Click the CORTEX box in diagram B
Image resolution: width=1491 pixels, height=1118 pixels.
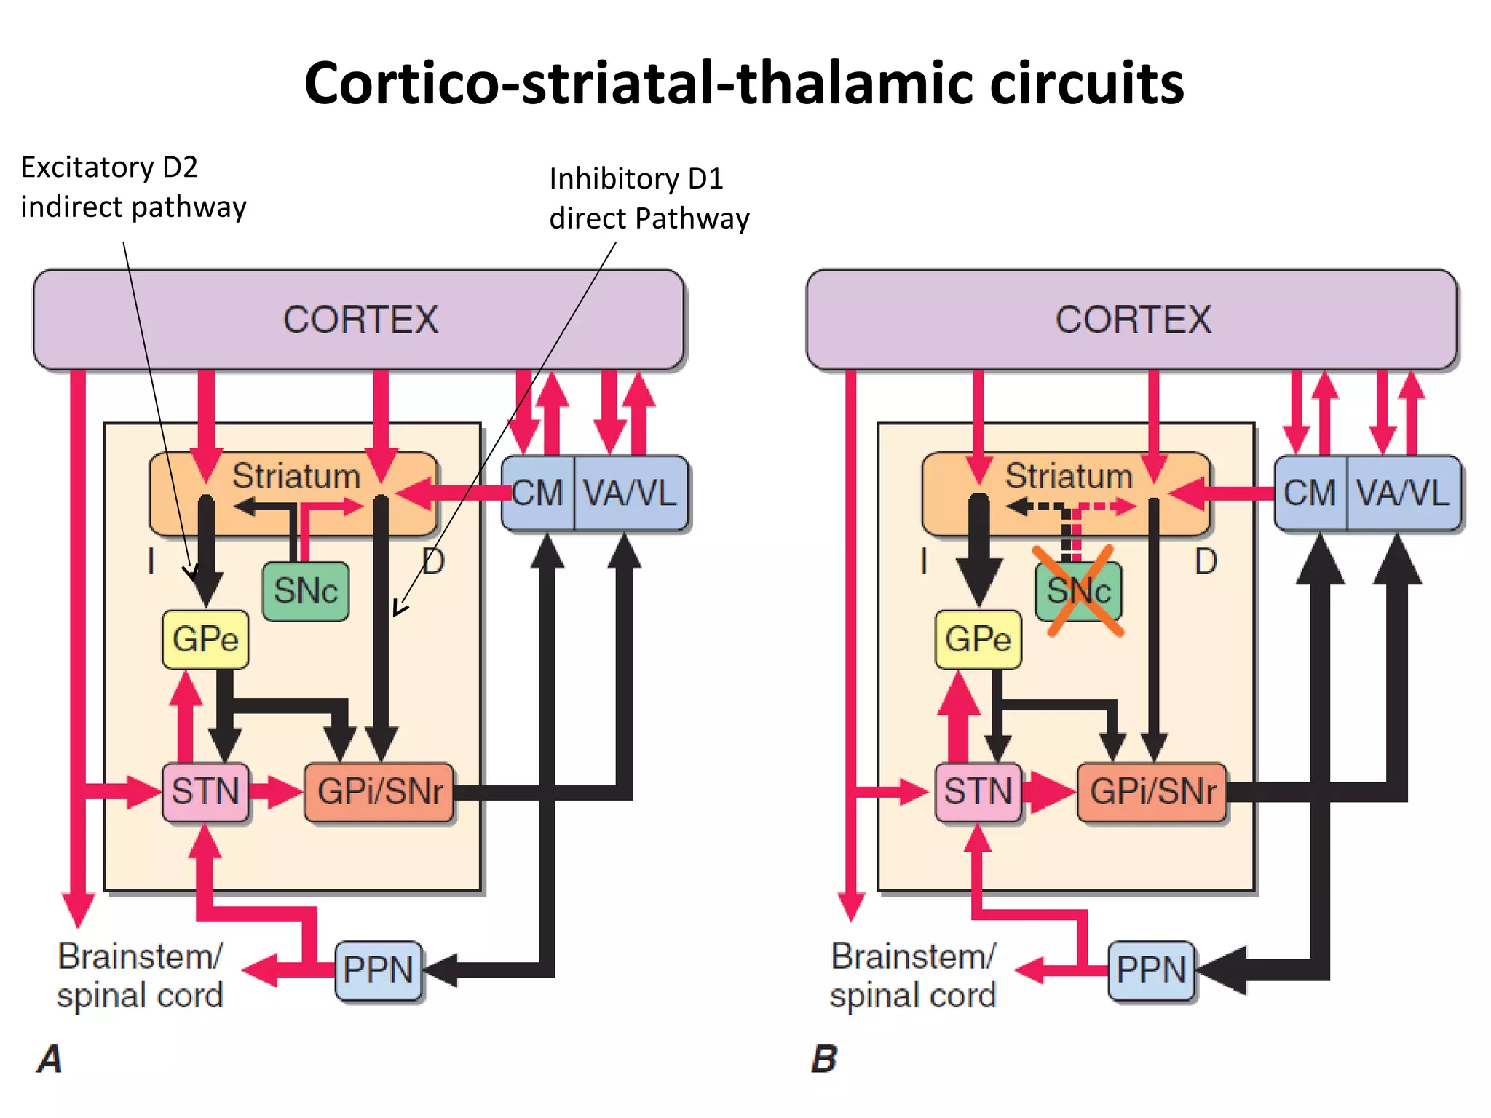1132,320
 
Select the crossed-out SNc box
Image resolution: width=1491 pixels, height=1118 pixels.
1078,591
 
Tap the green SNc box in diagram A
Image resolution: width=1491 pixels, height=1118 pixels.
306,591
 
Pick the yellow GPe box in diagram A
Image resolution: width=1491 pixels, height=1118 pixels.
205,639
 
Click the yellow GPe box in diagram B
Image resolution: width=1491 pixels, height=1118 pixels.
978,639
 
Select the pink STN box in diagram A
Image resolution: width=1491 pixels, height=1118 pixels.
205,792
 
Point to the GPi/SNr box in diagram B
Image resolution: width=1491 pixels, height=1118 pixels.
1152,792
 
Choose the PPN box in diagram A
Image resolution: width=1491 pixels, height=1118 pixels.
379,970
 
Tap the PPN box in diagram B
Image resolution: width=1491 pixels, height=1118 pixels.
1151,970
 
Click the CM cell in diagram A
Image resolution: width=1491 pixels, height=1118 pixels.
538,493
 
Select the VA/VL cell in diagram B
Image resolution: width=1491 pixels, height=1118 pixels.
1403,493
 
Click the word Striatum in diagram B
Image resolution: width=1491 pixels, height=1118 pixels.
1069,477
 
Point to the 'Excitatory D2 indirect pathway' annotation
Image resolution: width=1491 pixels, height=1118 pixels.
133,187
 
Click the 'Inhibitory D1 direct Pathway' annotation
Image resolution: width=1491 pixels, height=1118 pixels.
649,199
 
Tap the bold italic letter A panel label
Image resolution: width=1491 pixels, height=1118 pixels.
50,1059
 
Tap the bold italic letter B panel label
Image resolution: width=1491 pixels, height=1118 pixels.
824,1059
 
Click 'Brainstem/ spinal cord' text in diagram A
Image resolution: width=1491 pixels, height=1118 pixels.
140,975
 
